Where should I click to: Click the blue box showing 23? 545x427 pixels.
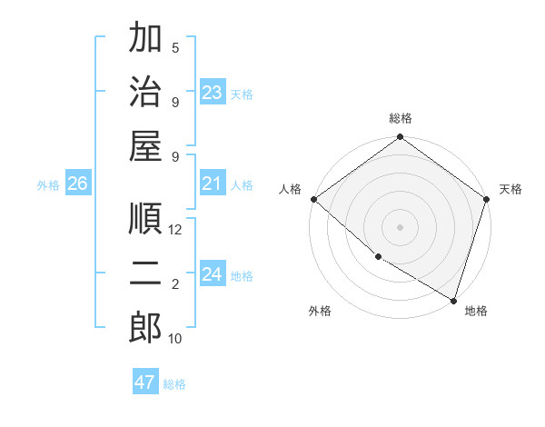click(213, 93)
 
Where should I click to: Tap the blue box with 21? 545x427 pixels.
click(213, 184)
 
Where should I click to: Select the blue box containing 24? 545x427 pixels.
click(213, 275)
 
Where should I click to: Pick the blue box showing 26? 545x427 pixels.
click(77, 184)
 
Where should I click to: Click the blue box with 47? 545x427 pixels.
click(144, 382)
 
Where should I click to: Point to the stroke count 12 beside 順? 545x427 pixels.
click(175, 230)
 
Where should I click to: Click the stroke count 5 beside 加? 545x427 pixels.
click(175, 47)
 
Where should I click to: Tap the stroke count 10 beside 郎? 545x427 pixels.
click(175, 339)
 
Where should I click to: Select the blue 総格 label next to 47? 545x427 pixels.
click(174, 384)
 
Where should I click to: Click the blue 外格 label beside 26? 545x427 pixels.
click(48, 185)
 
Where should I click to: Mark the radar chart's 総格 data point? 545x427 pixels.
click(400, 138)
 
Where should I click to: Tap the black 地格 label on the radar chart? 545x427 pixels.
click(476, 311)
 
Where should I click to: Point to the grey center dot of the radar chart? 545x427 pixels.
click(400, 226)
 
